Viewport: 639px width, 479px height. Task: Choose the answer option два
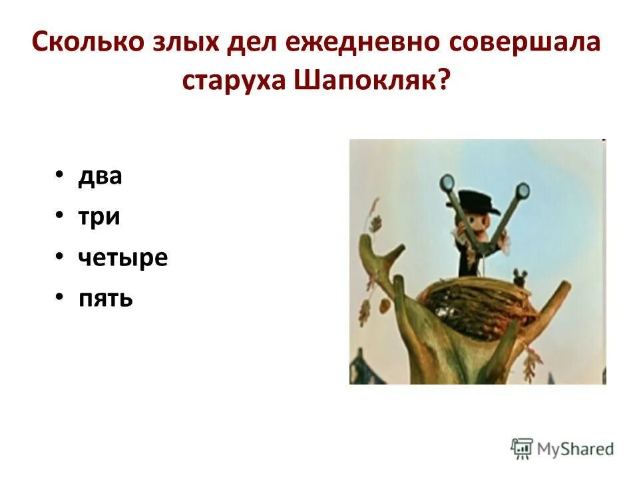click(x=101, y=177)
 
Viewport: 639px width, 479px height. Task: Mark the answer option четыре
click(x=123, y=258)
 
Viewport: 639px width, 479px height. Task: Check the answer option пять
click(x=106, y=298)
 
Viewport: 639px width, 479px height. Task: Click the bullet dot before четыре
click(x=61, y=257)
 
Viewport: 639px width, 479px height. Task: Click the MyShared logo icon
click(x=522, y=448)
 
